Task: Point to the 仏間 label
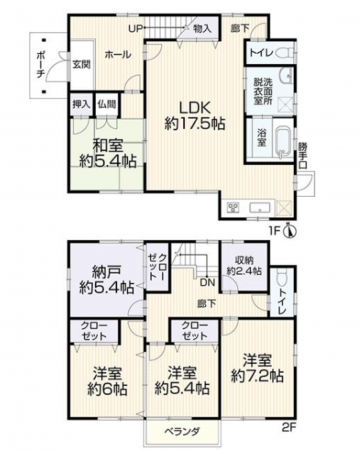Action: click(108, 103)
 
